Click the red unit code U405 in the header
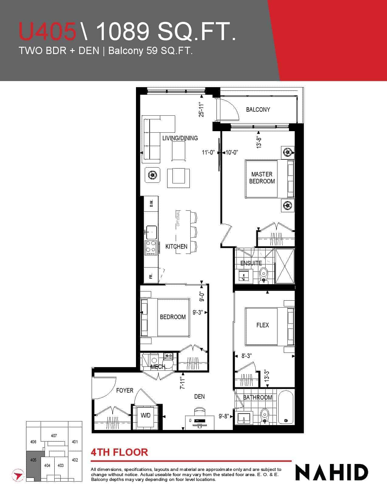47,31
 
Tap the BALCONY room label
258,110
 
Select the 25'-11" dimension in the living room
202,110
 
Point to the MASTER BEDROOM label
262,178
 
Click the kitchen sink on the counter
151,232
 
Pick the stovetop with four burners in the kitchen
151,248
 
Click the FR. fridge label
151,276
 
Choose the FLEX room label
263,325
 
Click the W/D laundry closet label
145,415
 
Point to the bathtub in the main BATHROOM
286,407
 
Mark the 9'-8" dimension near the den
224,416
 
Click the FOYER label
125,390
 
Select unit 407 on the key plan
54,435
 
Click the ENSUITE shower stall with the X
285,266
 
